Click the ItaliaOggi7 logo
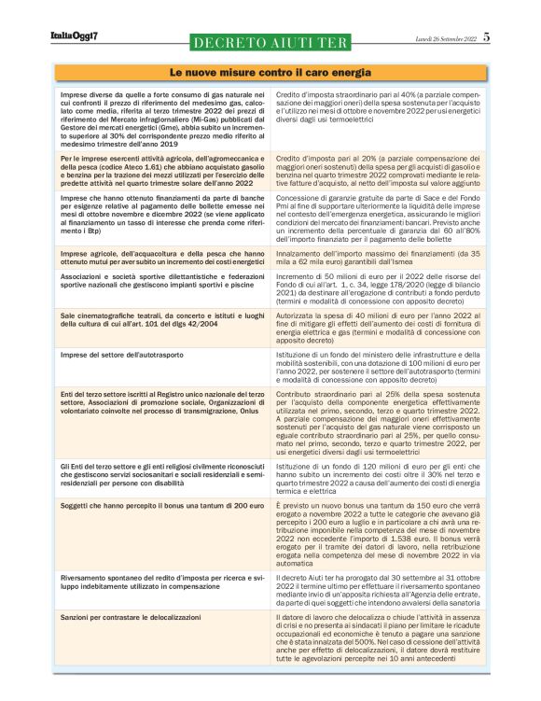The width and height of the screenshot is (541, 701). click(x=75, y=35)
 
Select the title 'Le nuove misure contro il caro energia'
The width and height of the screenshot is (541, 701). click(x=270, y=72)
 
